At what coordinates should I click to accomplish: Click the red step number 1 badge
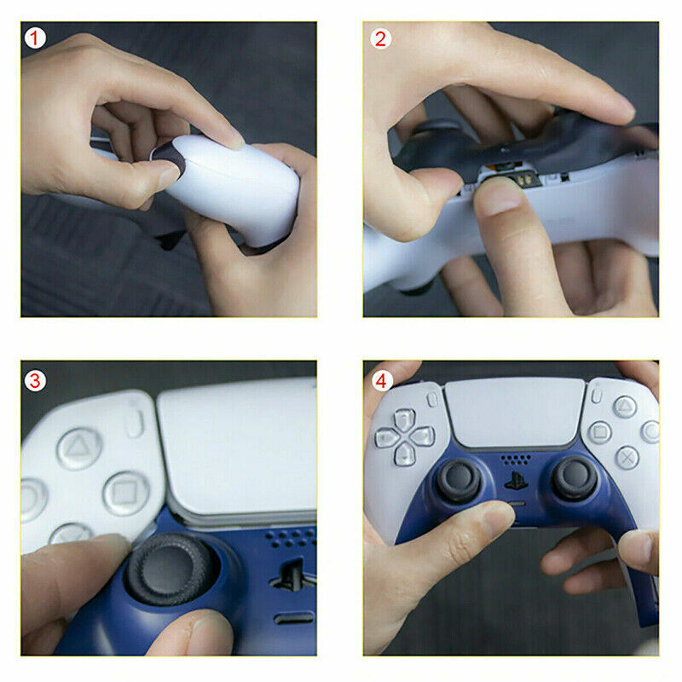tap(35, 38)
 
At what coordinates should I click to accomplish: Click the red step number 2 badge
tap(380, 38)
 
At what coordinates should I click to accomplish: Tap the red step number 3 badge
tap(35, 381)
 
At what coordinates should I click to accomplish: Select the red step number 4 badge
tap(381, 381)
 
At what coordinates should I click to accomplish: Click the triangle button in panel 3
tap(79, 448)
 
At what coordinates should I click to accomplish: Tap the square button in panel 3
tap(126, 494)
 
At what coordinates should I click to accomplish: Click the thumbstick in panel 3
tap(170, 569)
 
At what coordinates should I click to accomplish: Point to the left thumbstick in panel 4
tap(458, 480)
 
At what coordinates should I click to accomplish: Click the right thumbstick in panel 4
tap(575, 477)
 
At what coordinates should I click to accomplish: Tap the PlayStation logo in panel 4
tap(516, 481)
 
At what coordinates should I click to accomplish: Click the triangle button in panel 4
tap(625, 407)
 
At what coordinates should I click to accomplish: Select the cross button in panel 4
tap(627, 458)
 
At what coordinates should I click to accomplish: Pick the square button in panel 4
tap(600, 433)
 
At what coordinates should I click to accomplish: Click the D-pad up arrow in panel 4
tap(404, 419)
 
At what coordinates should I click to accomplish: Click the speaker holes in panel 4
tap(516, 459)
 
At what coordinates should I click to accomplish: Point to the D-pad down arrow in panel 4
tap(405, 454)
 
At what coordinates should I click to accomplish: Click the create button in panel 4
tap(433, 399)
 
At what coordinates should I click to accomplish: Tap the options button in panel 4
tap(597, 396)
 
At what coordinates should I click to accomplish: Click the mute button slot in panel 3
tap(293, 617)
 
